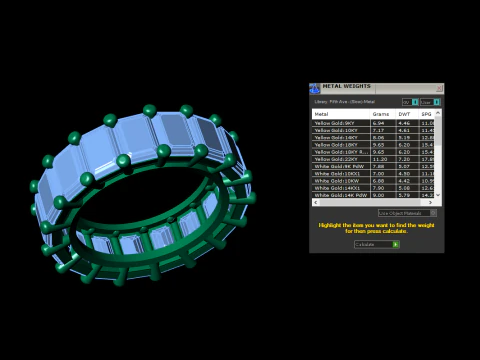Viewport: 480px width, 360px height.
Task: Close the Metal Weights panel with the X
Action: coord(438,87)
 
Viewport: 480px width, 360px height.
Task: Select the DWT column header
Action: coord(405,114)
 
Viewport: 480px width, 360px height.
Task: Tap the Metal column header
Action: coord(322,114)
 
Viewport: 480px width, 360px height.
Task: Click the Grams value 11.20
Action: coord(378,158)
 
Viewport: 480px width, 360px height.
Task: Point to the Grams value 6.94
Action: coord(378,122)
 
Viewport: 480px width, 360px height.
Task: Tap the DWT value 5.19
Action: coord(404,137)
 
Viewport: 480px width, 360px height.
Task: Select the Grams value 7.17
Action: coord(378,129)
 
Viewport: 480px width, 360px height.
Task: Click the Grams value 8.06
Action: coord(378,137)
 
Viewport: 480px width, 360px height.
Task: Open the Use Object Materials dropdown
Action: coord(407,213)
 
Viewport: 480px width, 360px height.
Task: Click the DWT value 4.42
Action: coord(404,180)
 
